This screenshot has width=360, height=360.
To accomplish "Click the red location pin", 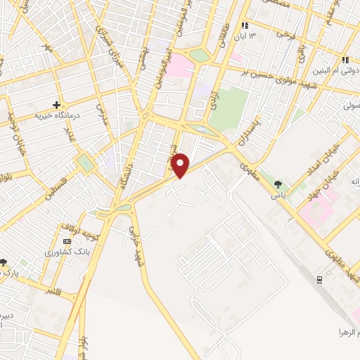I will point(181,165).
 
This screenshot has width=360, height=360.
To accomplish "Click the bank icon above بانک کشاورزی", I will point(67,241).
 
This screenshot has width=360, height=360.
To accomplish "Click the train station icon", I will point(321,279).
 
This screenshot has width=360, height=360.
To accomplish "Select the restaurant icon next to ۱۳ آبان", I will point(245,25).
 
